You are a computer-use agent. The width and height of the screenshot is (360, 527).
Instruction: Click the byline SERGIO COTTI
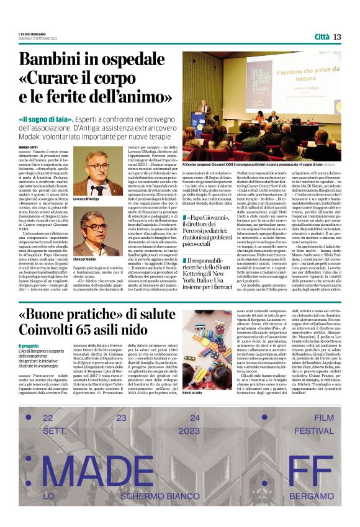click(x=29, y=147)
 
